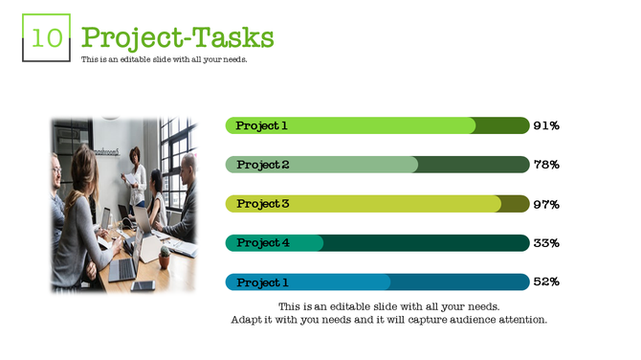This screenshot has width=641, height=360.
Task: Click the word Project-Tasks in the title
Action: pos(178,37)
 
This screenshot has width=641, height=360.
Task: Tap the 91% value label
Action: pos(546,125)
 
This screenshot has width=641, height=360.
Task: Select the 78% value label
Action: pos(546,165)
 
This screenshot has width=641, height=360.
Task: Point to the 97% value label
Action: pos(546,204)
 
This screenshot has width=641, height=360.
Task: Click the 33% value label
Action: pos(546,243)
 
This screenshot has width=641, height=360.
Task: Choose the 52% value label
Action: pos(546,282)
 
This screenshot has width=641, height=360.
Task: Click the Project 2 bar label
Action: pos(263,165)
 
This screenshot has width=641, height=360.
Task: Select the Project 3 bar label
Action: pos(263,204)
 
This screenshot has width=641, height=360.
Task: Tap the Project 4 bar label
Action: pos(263,243)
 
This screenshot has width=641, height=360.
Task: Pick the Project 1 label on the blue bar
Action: pos(262,282)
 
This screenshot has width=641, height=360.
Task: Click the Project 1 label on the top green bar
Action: pos(262,125)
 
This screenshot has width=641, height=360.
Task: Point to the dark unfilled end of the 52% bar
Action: pos(459,282)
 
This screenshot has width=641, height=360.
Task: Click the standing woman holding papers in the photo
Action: pos(136,177)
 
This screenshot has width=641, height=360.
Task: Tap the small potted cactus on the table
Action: pos(165,256)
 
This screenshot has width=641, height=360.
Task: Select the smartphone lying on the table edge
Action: pos(143,285)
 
